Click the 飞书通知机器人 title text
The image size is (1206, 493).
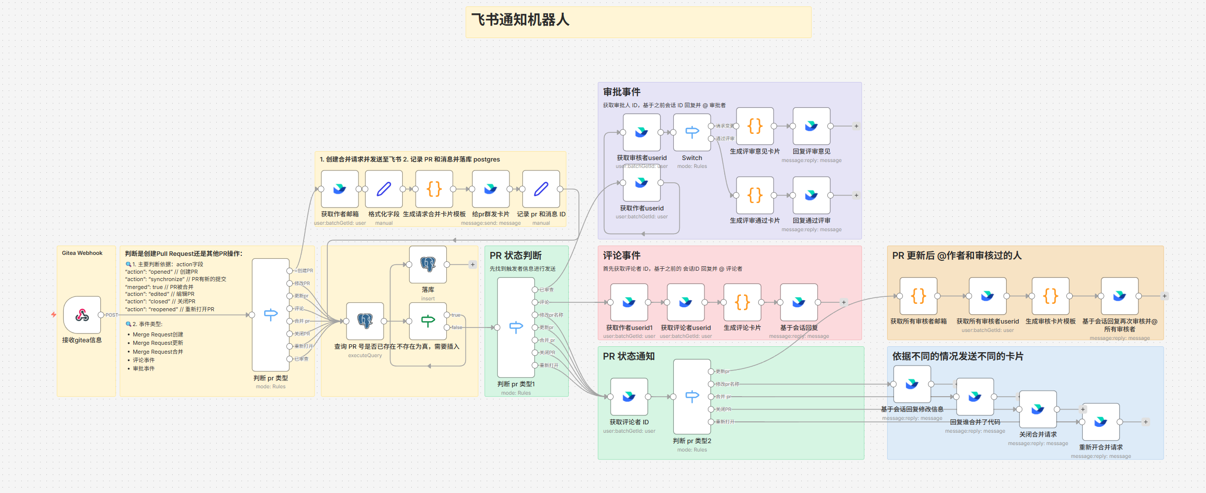[x=520, y=20]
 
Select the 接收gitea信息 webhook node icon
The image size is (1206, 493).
[x=82, y=315]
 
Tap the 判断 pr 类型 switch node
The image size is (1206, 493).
[x=271, y=315]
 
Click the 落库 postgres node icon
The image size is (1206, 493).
[x=428, y=264]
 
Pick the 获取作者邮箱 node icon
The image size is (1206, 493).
[x=340, y=189]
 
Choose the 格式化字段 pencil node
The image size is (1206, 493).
[x=384, y=189]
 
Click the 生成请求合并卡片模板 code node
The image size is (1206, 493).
[x=434, y=189]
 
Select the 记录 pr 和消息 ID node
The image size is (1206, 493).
[x=541, y=189]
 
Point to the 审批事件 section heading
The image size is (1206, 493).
[x=622, y=92]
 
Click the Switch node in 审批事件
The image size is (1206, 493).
[x=692, y=132]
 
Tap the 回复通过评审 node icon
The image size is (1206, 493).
[x=812, y=195]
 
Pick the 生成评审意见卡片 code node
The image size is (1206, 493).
[x=755, y=126]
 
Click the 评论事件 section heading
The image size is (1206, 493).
[x=622, y=255]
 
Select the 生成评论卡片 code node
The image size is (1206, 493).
[x=742, y=302]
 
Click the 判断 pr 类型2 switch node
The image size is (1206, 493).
[x=692, y=396]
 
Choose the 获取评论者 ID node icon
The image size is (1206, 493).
[x=629, y=396]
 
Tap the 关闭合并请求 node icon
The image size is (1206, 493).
[x=1038, y=409]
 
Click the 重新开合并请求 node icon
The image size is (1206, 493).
[x=1101, y=421]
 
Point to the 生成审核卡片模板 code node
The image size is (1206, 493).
[x=1050, y=296]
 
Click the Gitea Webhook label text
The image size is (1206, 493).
[x=82, y=253]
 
